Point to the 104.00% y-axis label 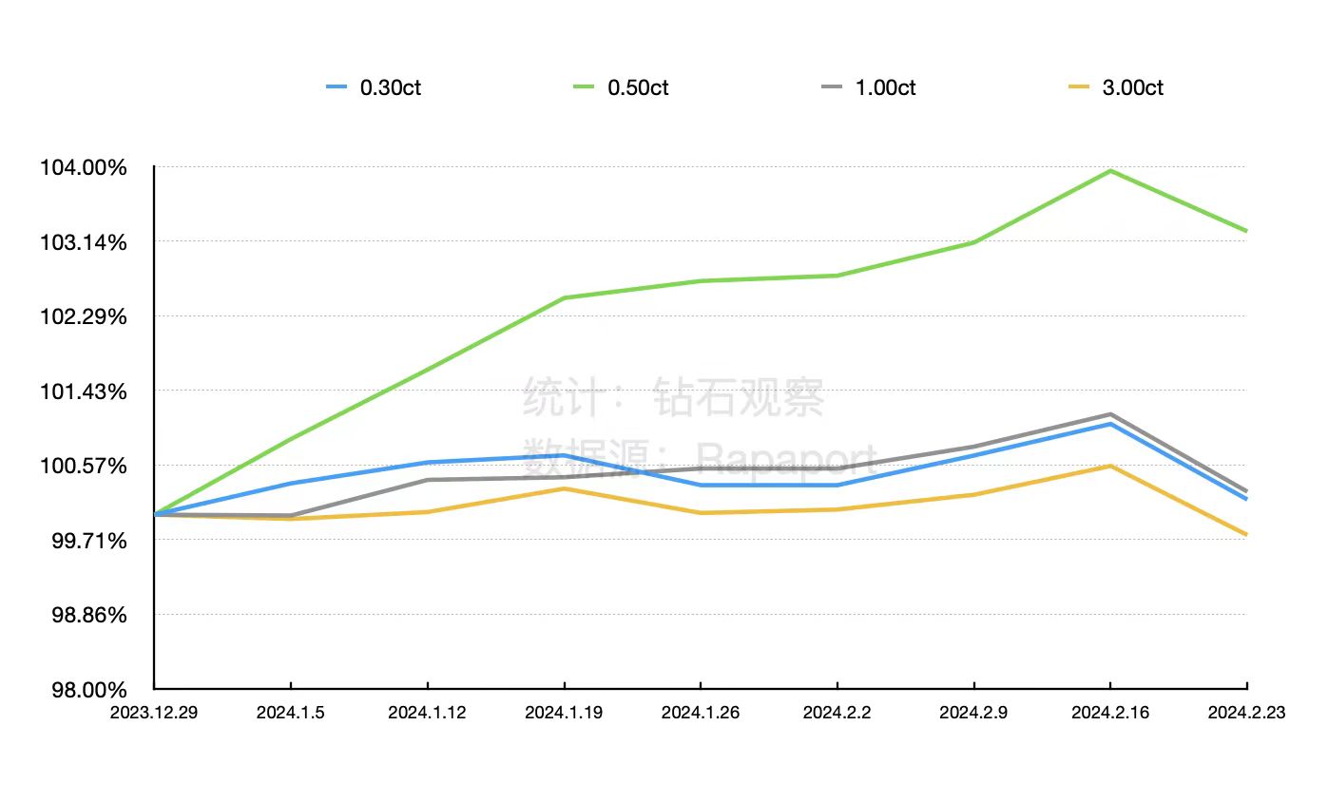[83, 167]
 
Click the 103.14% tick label [83, 242]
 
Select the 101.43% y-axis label [83, 391]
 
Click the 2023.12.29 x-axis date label [154, 713]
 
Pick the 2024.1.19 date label [565, 713]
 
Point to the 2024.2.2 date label [837, 713]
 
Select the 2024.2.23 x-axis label [1245, 713]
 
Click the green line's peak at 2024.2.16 [1110, 171]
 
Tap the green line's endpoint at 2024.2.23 [1246, 231]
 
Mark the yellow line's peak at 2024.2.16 [1110, 466]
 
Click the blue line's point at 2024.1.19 [565, 455]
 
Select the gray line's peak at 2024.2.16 [1110, 414]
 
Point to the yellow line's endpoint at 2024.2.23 [1246, 535]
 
